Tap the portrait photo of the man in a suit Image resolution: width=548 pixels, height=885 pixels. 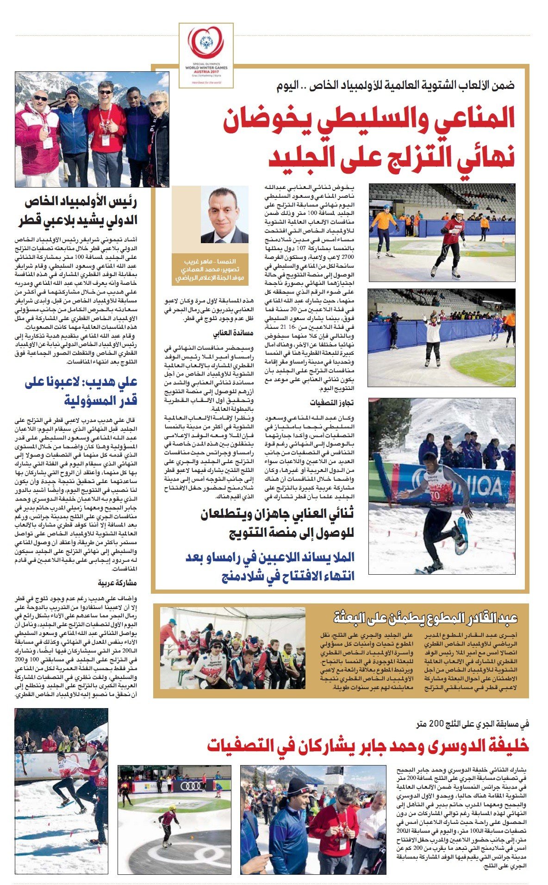224,216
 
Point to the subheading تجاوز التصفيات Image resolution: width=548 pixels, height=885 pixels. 332,402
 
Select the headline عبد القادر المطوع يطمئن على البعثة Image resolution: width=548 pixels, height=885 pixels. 425,617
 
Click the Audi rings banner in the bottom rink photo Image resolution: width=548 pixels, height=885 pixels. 191,786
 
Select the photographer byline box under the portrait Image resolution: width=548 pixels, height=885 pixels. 210,270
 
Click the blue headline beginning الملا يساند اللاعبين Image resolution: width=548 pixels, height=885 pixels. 270,565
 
